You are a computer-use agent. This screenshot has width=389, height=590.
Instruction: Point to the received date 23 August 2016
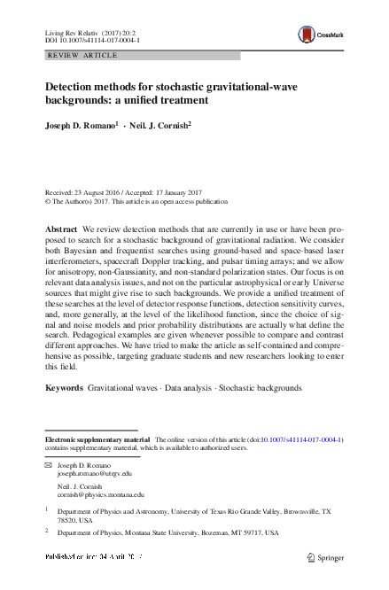(105, 193)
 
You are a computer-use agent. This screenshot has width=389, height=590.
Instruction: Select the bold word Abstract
(61, 229)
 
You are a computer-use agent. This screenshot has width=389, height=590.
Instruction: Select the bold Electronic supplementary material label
(97, 439)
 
